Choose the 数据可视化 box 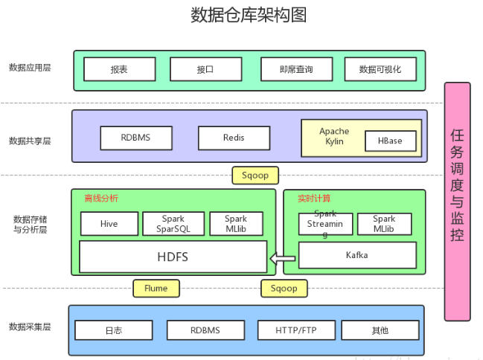[x=380, y=69]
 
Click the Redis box [x=234, y=138]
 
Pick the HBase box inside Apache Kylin [x=390, y=141]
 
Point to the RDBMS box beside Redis [x=136, y=138]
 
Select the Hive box [x=109, y=224]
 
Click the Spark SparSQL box [x=173, y=224]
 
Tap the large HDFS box [x=173, y=257]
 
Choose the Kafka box [x=357, y=255]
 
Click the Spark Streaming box [x=326, y=224]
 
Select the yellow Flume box [x=156, y=288]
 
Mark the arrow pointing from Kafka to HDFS [x=282, y=259]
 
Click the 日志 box [x=114, y=330]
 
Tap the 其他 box [x=380, y=330]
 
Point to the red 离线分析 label [x=101, y=199]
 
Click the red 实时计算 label [x=314, y=199]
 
